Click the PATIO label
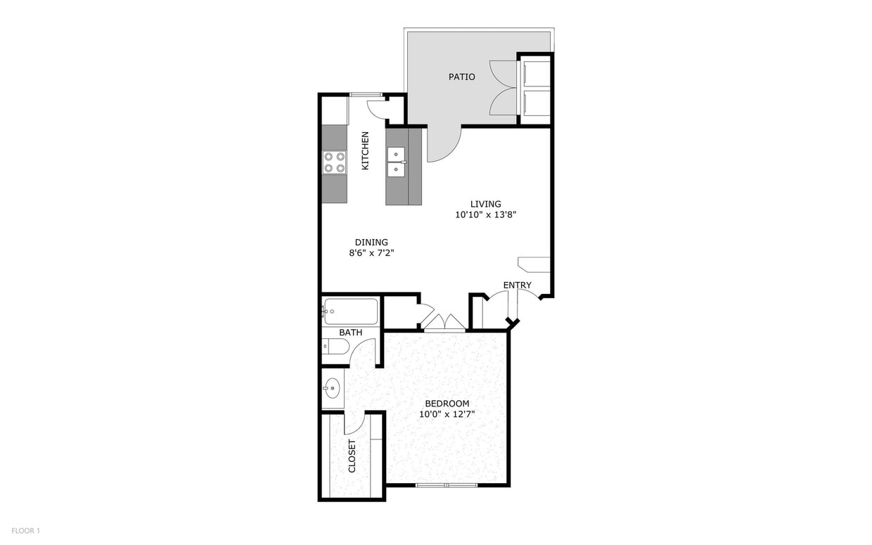462,77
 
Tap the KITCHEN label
365,150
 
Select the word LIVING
485,204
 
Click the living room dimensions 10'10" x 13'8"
485,214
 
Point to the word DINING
371,242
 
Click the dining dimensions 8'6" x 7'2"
371,253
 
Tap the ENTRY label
517,285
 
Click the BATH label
350,333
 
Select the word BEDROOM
447,404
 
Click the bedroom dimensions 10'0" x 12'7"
447,414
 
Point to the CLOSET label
352,456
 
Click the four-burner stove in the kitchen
335,162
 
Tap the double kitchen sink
397,162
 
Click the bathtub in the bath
350,312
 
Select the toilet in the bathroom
335,346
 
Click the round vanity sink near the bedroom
333,388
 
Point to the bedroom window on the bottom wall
447,485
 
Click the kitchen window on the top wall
366,95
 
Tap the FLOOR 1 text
26,531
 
